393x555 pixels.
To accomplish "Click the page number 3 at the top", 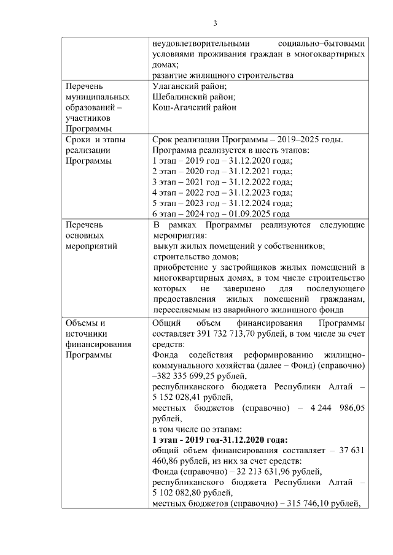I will coord(215,23).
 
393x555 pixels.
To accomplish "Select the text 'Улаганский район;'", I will coord(189,86).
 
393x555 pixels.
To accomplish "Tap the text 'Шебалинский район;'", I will coord(193,97).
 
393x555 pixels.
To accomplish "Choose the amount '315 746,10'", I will coord(302,503).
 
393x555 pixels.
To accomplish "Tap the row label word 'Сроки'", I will coord(77,139).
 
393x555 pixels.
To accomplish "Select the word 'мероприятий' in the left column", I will coord(91,246).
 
